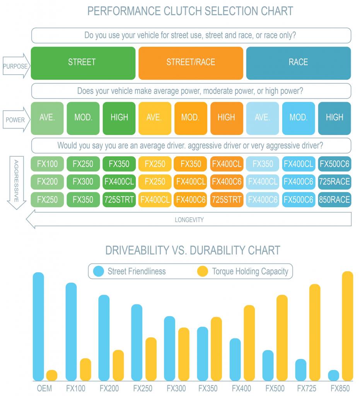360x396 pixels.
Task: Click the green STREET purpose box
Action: coord(83,63)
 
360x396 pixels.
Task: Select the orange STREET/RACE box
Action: coord(191,63)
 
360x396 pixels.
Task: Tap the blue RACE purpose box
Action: coord(298,63)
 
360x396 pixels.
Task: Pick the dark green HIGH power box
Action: coord(119,118)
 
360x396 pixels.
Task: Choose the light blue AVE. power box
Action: coord(262,118)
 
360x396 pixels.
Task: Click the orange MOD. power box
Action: coord(190,118)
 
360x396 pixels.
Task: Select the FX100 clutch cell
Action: coord(47,164)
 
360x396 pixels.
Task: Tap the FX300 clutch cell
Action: coord(83,182)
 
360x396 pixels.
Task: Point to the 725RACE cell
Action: coord(334,182)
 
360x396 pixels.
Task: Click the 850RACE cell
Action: coord(334,200)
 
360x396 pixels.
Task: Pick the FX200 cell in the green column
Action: coord(47,182)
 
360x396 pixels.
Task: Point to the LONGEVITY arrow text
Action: coord(189,220)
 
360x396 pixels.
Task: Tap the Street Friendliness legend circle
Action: coord(99,271)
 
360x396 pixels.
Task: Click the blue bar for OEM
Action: coord(38,327)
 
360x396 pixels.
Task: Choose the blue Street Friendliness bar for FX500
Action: coord(268,365)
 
